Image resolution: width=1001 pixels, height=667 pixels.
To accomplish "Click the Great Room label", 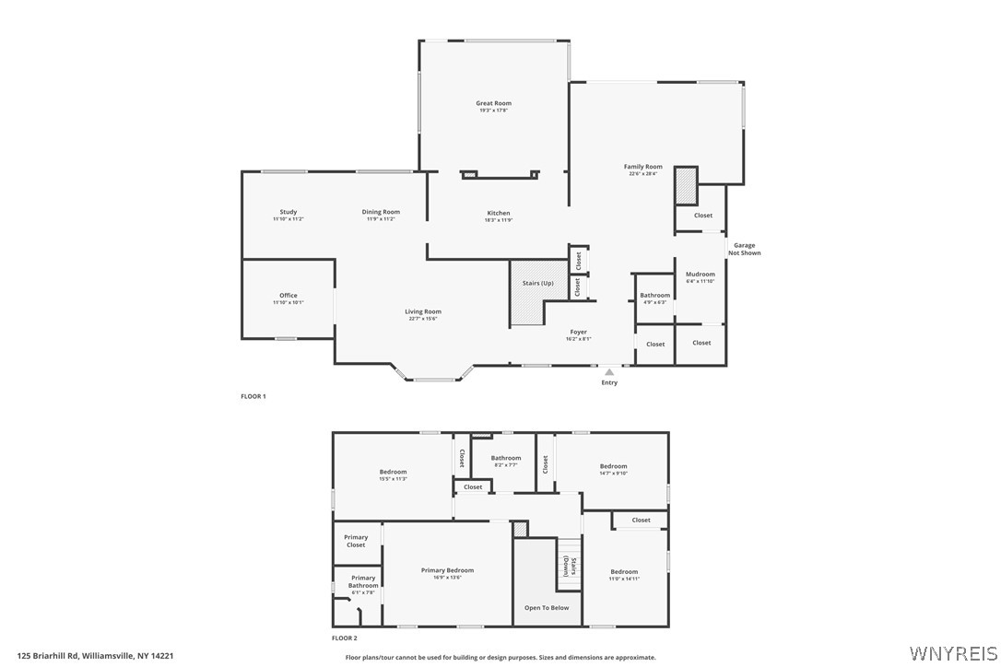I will pos(493,104).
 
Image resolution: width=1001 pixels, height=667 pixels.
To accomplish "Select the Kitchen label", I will pos(499,214).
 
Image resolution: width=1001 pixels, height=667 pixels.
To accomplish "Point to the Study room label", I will pos(289,213).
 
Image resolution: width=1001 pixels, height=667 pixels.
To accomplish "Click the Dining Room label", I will pos(381,213).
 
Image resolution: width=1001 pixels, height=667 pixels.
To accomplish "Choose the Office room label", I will pos(289,296).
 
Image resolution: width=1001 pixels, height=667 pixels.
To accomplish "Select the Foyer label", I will pos(578,332).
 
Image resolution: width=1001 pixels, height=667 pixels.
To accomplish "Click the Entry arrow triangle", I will pos(609,372).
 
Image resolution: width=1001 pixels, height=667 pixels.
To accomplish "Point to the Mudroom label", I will pos(701,274).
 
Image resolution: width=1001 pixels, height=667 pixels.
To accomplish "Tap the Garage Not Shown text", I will pos(744,249).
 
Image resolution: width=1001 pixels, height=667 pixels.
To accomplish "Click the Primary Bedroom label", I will pos(447,570).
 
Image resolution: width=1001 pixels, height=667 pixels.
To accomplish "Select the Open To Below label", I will pos(547,608).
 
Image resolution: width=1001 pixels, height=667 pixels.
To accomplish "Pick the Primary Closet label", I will pos(356,541).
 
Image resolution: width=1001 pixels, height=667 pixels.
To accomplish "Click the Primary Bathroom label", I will pos(362,581).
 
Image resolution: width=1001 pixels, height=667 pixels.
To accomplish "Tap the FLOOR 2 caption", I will pos(345,638).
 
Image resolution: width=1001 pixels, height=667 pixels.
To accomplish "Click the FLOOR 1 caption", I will pos(253,396).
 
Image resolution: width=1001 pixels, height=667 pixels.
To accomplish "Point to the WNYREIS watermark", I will pos(953,653).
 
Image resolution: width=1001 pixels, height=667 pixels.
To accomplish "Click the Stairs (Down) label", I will pos(572,566).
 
